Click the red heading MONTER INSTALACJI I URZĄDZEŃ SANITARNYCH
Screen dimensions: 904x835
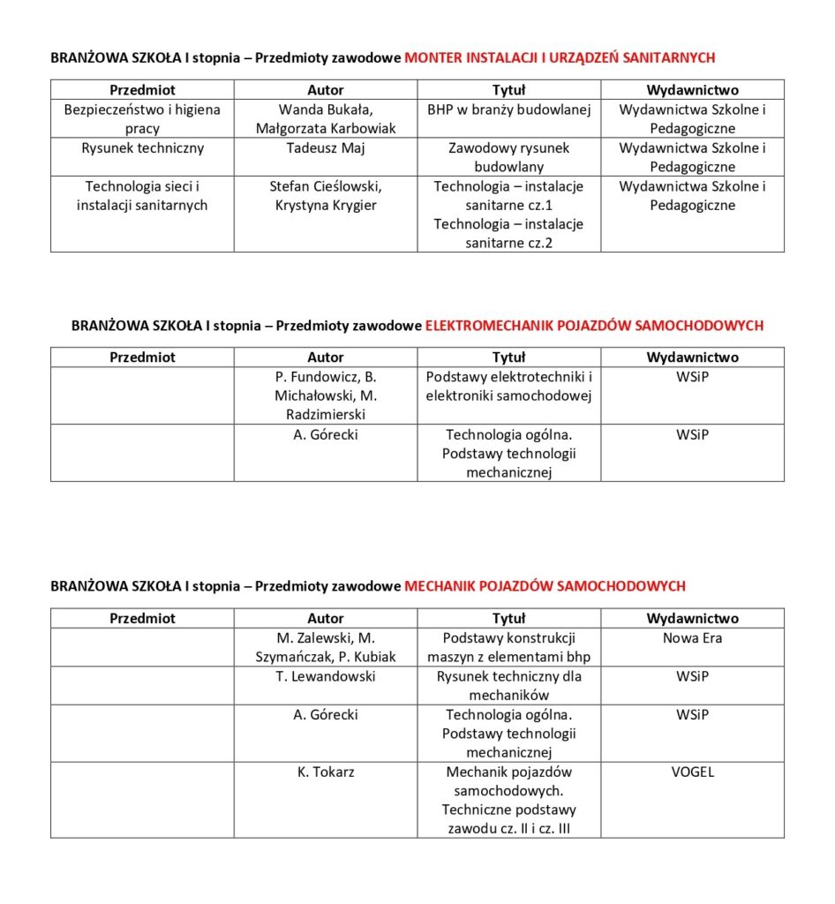[560, 57]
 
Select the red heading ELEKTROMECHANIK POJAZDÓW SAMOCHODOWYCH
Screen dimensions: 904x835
[594, 326]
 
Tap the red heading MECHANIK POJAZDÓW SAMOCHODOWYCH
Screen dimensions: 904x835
[545, 586]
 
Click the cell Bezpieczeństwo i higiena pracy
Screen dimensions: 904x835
[142, 119]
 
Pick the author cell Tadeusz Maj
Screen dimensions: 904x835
[326, 148]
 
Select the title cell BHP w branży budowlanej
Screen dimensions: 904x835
[508, 110]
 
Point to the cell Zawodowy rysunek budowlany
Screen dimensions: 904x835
[508, 157]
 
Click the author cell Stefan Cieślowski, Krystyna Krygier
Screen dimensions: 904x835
[326, 196]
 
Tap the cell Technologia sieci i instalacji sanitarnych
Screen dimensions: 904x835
[142, 196]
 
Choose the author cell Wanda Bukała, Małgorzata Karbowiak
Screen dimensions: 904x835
[326, 119]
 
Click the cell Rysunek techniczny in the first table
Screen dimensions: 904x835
[142, 148]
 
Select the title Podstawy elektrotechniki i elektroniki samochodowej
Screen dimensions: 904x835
[508, 387]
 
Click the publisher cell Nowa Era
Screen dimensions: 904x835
[692, 637]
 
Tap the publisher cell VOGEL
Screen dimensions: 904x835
[692, 772]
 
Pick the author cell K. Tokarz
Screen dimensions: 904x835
[326, 772]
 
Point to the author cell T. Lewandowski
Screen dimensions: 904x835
[326, 676]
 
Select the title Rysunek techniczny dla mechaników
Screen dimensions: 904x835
[508, 686]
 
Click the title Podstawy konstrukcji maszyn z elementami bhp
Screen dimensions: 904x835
[508, 647]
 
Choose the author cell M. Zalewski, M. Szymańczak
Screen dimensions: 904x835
[326, 647]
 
